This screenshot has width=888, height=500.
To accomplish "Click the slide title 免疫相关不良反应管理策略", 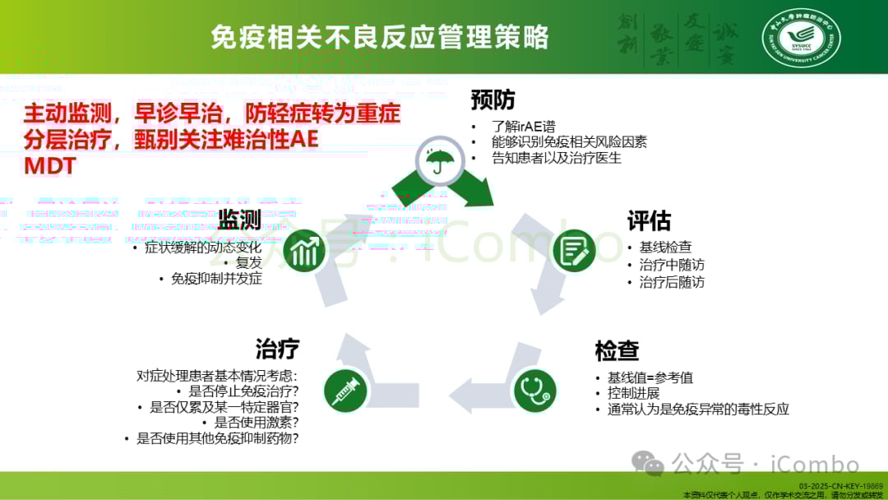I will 379,37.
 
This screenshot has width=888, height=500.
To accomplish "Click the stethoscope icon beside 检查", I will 535,391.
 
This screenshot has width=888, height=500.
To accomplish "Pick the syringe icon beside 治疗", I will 345,391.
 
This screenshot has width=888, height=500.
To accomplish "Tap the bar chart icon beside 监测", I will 303,251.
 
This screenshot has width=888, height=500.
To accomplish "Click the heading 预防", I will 493,100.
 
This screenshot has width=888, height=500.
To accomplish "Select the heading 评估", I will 649,221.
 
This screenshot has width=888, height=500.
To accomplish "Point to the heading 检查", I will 617,350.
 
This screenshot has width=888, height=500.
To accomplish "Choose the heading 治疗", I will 277,349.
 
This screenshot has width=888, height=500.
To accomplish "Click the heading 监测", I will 239,220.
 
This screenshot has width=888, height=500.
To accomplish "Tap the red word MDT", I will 49,165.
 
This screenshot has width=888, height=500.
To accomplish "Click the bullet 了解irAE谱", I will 523,127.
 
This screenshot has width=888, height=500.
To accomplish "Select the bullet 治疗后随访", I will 672,282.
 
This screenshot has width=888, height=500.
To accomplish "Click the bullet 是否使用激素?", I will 255,423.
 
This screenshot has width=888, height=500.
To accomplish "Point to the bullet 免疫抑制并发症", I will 216,279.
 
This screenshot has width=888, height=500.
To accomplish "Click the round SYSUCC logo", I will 801,38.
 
